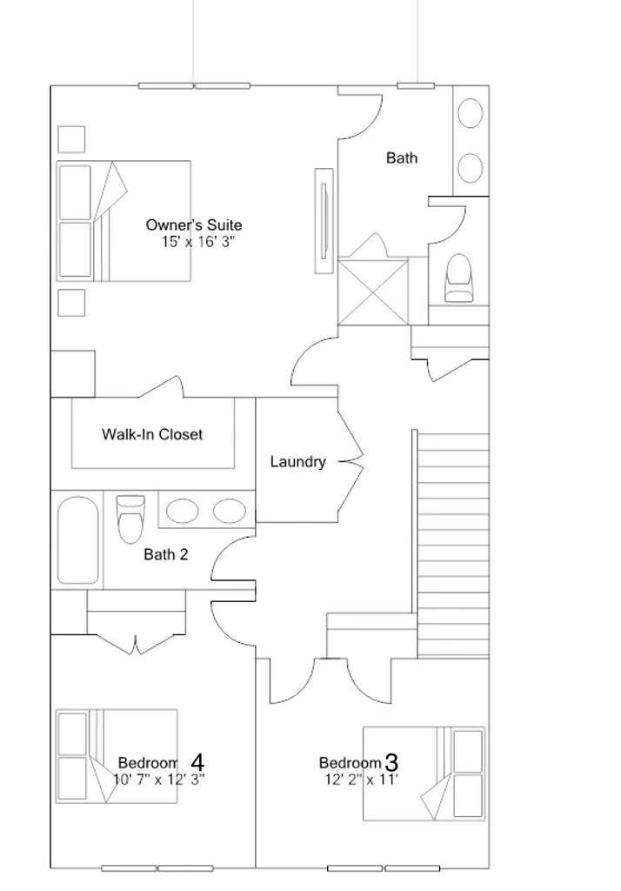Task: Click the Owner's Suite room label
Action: pos(194,225)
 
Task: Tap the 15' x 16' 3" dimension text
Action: pos(198,242)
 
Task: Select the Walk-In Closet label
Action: pos(152,433)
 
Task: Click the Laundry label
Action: pos(297,462)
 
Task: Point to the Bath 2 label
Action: pos(165,553)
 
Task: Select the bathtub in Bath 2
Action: pos(78,540)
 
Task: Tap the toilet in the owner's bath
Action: pos(459,278)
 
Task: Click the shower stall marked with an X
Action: pos(372,291)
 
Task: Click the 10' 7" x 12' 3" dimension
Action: pos(159,779)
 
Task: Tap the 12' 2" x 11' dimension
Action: pos(357,780)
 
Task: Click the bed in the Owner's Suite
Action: pos(124,221)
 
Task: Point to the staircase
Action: pos(452,544)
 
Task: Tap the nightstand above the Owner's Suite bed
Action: pos(71,139)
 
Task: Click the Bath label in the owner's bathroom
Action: pos(401,157)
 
